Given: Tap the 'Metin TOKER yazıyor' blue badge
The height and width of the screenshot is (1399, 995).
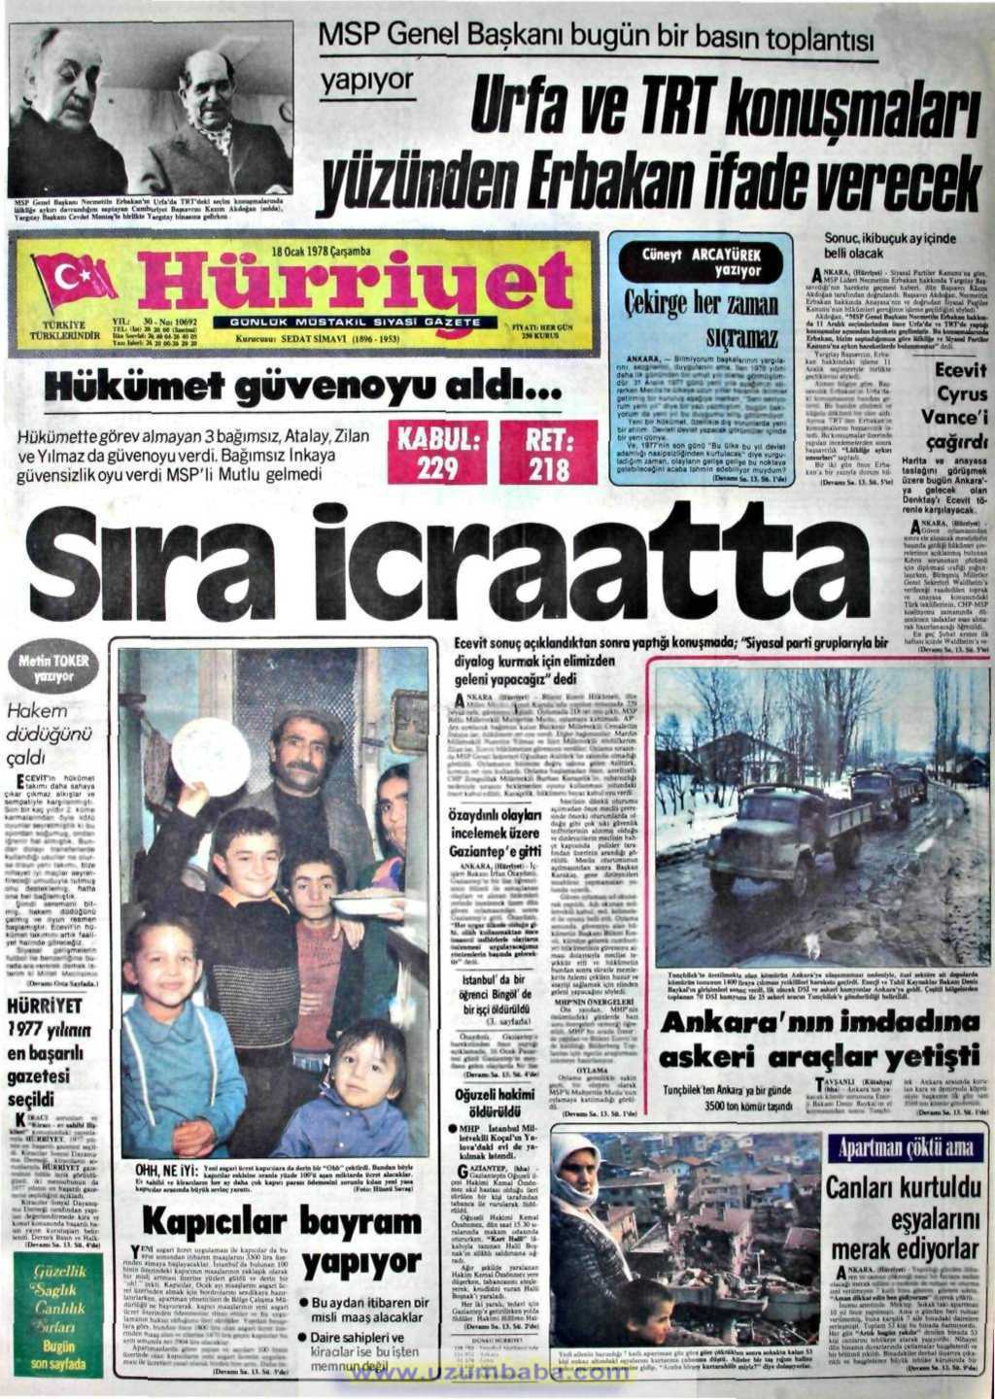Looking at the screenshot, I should (x=62, y=666).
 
